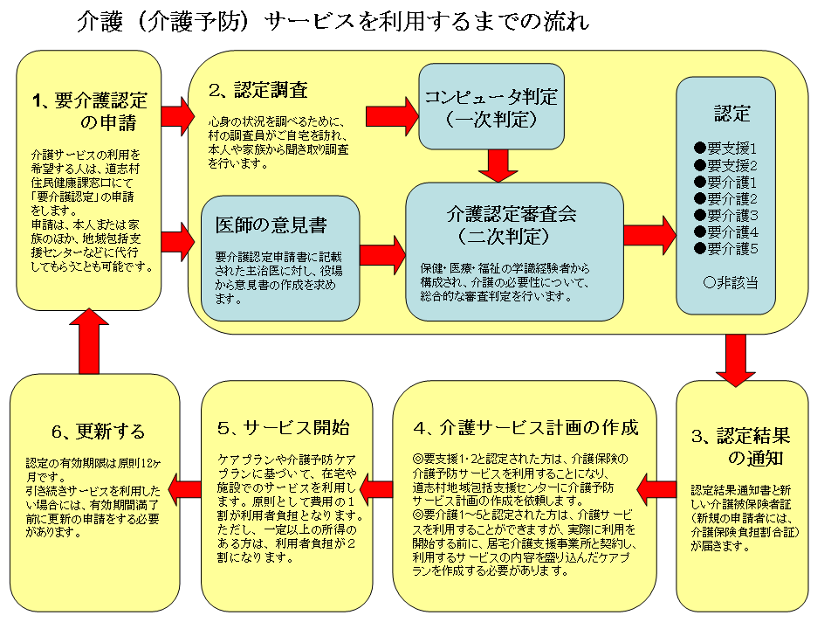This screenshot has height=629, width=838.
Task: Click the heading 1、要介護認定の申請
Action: tap(89, 110)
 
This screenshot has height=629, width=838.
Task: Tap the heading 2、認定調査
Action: tap(258, 90)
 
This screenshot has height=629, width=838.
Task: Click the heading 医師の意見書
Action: tap(271, 225)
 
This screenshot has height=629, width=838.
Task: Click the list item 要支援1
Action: tap(725, 149)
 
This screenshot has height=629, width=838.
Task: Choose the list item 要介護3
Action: tap(725, 215)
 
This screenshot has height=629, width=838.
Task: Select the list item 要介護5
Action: tap(725, 248)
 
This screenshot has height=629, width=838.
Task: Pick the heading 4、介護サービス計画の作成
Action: tap(526, 427)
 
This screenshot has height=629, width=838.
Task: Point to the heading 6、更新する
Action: tap(98, 432)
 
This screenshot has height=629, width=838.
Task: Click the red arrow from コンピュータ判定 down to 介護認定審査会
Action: tap(498, 164)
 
